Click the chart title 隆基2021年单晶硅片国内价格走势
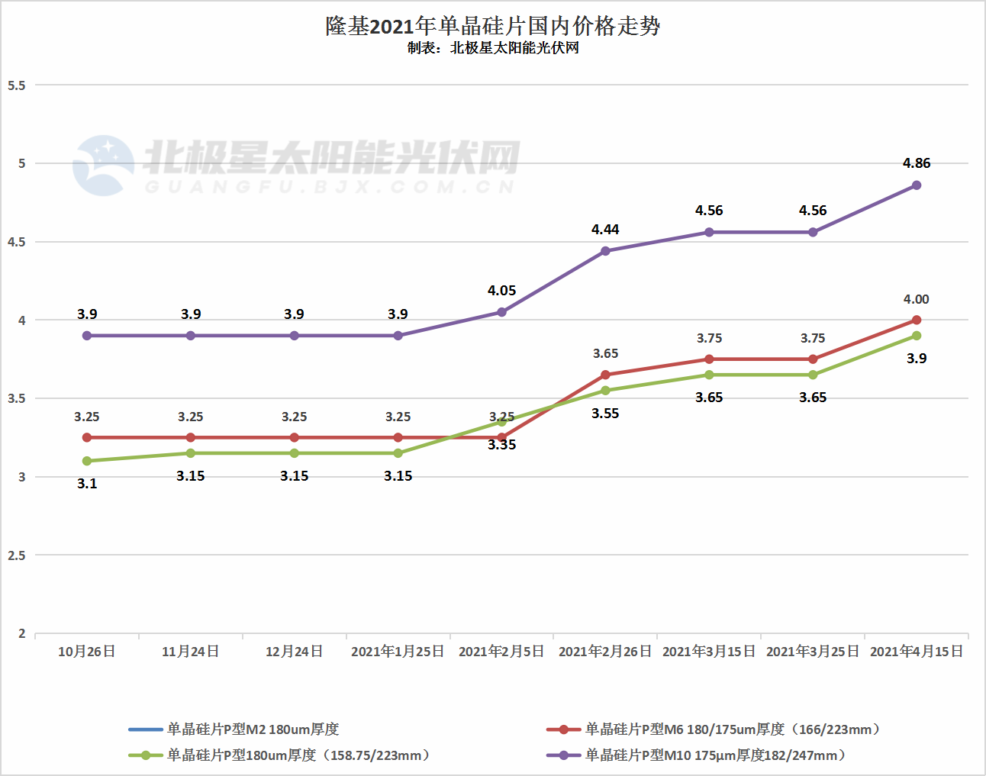pyautogui.click(x=492, y=26)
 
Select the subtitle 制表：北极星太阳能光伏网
pyautogui.click(x=492, y=48)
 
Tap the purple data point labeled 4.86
pyautogui.click(x=917, y=185)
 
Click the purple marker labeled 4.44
pyautogui.click(x=605, y=251)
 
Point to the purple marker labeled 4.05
pyautogui.click(x=501, y=312)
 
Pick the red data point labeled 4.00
pyautogui.click(x=917, y=320)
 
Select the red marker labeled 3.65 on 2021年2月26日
pyautogui.click(x=605, y=375)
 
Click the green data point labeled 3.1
pyautogui.click(x=87, y=461)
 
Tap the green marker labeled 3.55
pyautogui.click(x=605, y=391)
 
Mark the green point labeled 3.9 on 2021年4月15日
pyautogui.click(x=917, y=336)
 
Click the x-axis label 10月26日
pyautogui.click(x=87, y=652)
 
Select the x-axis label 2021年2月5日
pyautogui.click(x=501, y=652)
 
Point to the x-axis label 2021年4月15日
pyautogui.click(x=917, y=652)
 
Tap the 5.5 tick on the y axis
pyautogui.click(x=17, y=85)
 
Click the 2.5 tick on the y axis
pyautogui.click(x=17, y=555)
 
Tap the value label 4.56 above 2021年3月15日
pyautogui.click(x=709, y=211)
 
